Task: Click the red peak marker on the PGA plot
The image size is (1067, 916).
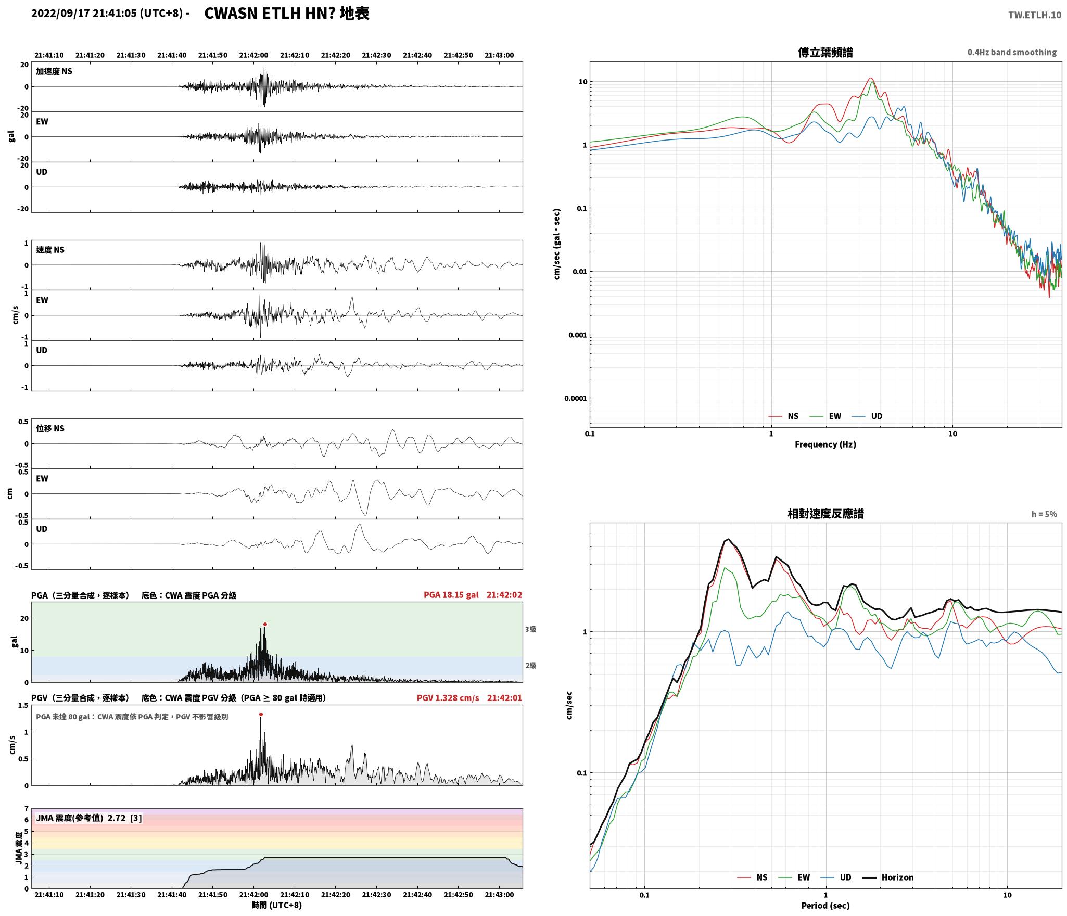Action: (265, 624)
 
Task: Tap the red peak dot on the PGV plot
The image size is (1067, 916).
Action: (261, 714)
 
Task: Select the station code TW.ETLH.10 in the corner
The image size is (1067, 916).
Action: (1034, 15)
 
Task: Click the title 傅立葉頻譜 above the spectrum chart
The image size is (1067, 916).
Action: (825, 52)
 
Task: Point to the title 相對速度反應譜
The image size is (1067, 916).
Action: (825, 514)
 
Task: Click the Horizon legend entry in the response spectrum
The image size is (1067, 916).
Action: (888, 877)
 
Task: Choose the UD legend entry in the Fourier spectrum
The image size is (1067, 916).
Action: (867, 416)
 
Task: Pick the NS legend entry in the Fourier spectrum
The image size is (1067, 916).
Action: (783, 416)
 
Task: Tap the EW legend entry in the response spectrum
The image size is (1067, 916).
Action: (794, 877)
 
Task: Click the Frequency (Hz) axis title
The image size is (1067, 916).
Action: (825, 444)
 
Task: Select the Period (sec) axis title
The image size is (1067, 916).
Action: (825, 906)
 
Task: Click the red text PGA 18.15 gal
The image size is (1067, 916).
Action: (451, 595)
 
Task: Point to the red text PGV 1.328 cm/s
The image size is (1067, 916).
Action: (448, 698)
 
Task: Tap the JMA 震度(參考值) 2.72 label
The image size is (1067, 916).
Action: (81, 818)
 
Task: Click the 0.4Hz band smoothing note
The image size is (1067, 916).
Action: (1012, 53)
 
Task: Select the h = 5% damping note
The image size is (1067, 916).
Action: (1044, 514)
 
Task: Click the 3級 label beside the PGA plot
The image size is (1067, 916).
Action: (530, 629)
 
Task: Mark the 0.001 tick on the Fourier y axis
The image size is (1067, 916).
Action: (577, 335)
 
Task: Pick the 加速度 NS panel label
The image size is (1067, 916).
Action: (54, 71)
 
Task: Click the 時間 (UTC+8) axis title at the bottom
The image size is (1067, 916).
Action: (277, 905)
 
